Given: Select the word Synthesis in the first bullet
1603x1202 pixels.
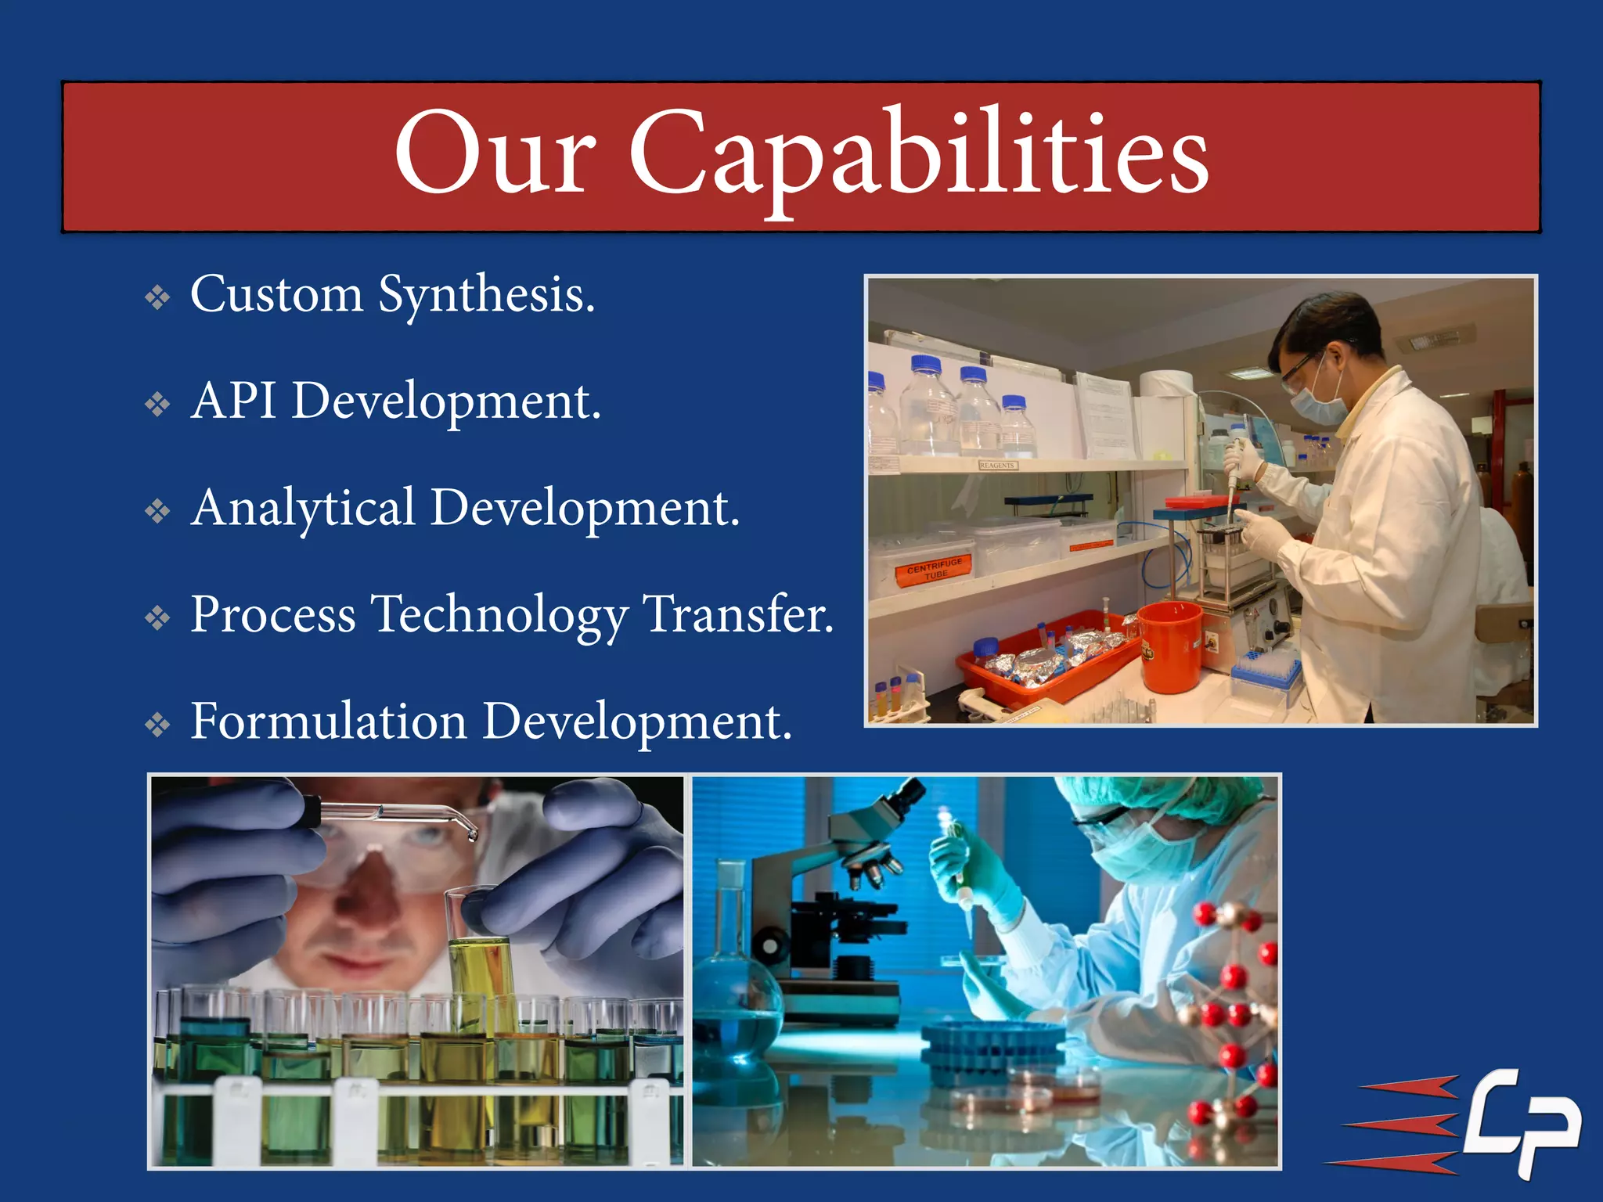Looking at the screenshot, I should [x=486, y=296].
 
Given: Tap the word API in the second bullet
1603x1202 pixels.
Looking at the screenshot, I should [x=232, y=401].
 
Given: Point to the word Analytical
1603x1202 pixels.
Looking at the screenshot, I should [x=303, y=509].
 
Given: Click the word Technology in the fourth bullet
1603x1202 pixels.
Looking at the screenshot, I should [x=499, y=615].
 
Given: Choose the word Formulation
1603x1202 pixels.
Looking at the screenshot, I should [x=328, y=722].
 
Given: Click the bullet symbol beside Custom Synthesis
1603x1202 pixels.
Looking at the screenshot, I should [x=158, y=298].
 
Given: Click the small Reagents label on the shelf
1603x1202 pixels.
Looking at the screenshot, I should [x=996, y=465].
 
